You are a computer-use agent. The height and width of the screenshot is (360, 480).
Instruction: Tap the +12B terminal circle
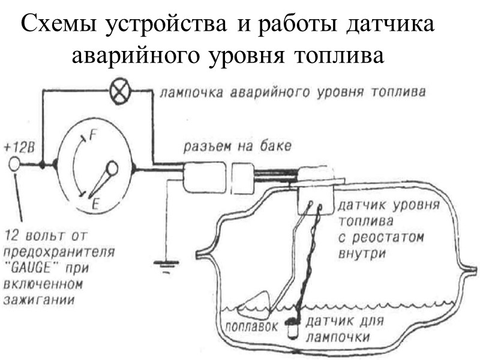14,163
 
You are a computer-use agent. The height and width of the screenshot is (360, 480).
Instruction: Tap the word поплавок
253,328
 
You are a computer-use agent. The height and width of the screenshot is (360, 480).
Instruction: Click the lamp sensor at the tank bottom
293,327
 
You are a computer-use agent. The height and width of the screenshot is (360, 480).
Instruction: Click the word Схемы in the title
60,27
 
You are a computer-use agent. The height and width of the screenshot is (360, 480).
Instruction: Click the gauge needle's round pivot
112,168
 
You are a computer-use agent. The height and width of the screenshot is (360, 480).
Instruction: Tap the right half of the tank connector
242,179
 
